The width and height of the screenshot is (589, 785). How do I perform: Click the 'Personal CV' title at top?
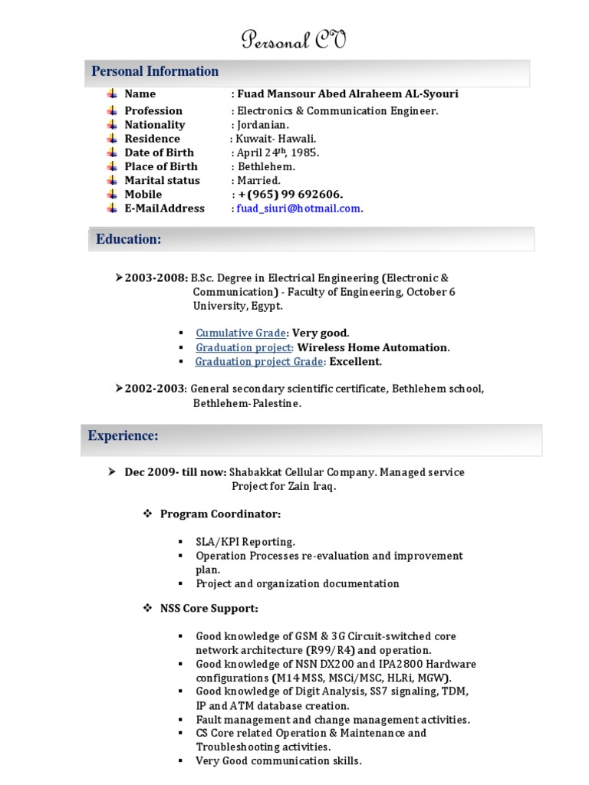pyautogui.click(x=294, y=40)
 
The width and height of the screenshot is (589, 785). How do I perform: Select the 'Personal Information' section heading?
pyautogui.click(x=155, y=71)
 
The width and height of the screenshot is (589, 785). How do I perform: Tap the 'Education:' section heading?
pyautogui.click(x=128, y=239)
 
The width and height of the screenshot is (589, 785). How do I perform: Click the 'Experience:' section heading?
pyautogui.click(x=123, y=436)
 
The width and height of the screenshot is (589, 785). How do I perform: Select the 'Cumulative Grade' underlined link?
pyautogui.click(x=241, y=333)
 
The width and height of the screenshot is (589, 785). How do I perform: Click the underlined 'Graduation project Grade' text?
pyautogui.click(x=260, y=362)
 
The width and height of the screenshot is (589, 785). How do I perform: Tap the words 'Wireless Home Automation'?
pyautogui.click(x=372, y=347)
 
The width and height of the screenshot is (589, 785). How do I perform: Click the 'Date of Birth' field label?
pyautogui.click(x=159, y=153)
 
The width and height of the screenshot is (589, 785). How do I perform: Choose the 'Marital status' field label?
pyautogui.click(x=162, y=180)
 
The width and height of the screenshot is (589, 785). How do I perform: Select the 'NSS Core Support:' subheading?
pyautogui.click(x=209, y=608)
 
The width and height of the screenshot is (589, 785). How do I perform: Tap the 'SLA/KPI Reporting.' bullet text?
pyautogui.click(x=245, y=541)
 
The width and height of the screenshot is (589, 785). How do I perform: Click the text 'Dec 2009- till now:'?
pyautogui.click(x=175, y=472)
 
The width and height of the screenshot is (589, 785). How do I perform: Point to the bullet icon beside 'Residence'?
pyautogui.click(x=111, y=139)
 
